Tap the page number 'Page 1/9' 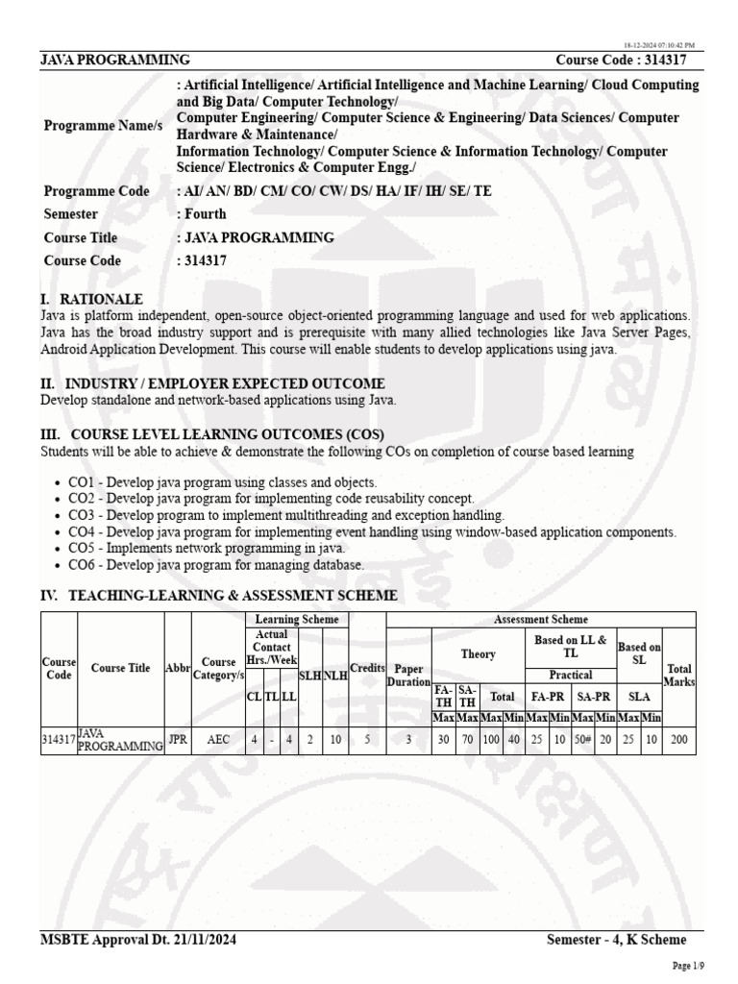coord(687,965)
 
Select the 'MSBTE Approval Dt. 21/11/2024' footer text coord(136,939)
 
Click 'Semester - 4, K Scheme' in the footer coord(616,939)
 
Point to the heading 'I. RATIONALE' coord(91,300)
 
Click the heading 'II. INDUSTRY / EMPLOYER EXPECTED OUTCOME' coord(199,383)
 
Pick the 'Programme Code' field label coord(97,191)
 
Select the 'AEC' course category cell coord(218,741)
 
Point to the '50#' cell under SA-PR coord(582,741)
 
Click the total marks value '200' coord(678,741)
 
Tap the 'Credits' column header coord(366,668)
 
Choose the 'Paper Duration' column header coord(408,675)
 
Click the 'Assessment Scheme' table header coord(540,620)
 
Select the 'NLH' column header coord(335,676)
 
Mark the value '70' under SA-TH coord(468,741)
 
